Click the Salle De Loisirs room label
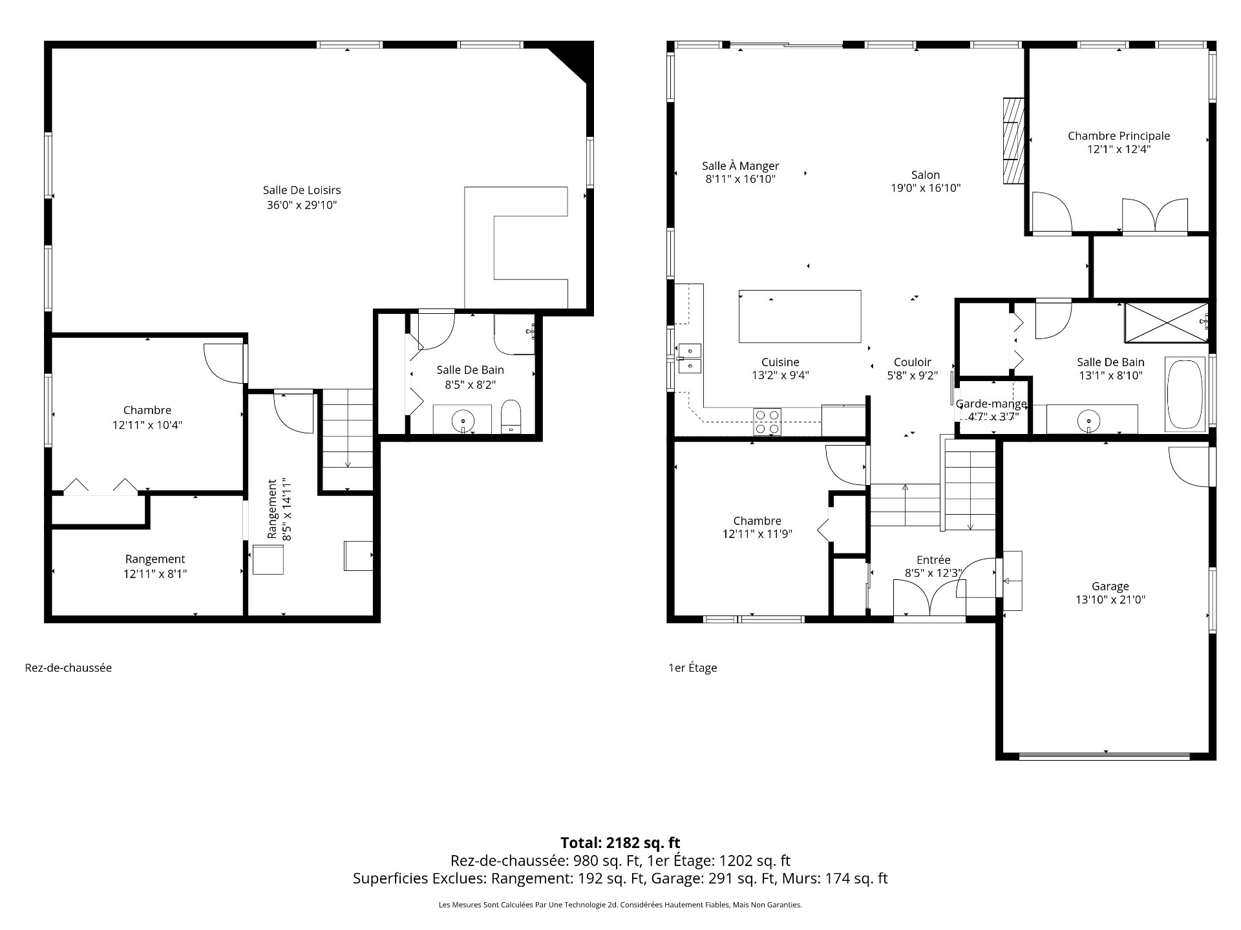302,190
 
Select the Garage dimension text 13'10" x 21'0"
1110,599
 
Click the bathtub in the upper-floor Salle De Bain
1185,394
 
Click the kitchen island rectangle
800,316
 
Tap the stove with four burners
767,422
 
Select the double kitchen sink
690,358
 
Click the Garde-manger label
991,404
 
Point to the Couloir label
912,362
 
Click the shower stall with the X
1165,322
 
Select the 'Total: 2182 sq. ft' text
620,843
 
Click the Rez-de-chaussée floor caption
68,668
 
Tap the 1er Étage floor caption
692,668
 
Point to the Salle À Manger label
740,166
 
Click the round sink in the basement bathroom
463,420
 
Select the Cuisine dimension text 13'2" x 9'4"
780,375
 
